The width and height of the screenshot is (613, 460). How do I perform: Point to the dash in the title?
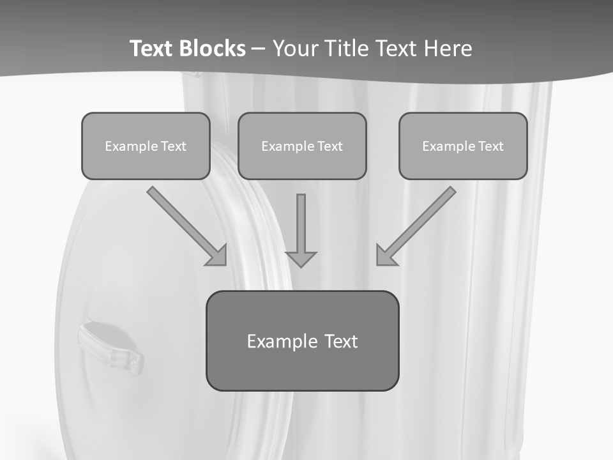pyautogui.click(x=259, y=49)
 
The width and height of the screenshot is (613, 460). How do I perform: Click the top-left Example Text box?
pyautogui.click(x=146, y=146)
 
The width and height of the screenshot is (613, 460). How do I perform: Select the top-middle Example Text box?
pyautogui.click(x=302, y=146)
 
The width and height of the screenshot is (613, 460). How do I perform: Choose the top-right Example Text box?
pyautogui.click(x=463, y=146)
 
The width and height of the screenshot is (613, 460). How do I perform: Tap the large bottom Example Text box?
pyautogui.click(x=302, y=341)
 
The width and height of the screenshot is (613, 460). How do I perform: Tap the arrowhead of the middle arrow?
pyautogui.click(x=301, y=258)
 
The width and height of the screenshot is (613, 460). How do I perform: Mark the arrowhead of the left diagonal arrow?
pyautogui.click(x=218, y=256)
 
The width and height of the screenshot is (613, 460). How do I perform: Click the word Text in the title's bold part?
pyautogui.click(x=151, y=49)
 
